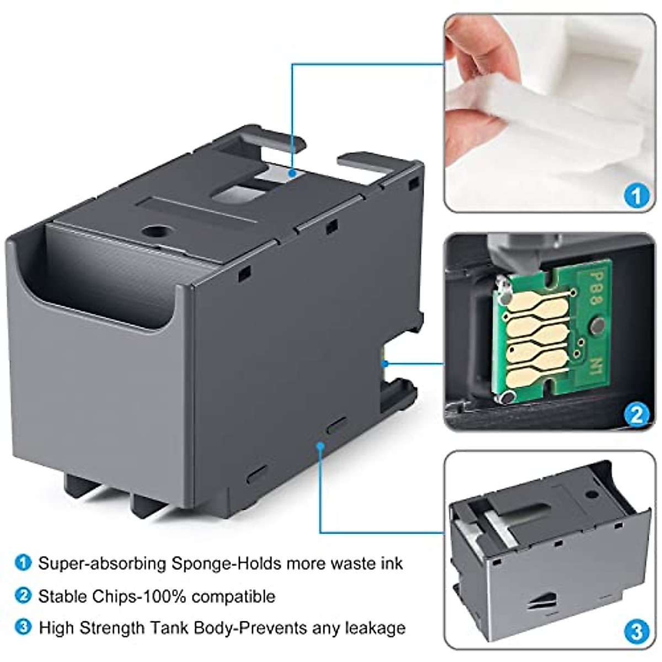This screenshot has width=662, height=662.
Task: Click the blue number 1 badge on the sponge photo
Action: tap(636, 195)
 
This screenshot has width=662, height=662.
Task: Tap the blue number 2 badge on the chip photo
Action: tap(636, 413)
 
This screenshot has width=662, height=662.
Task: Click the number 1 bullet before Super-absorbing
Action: tap(23, 563)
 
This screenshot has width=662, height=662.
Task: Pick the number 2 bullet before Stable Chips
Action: tap(23, 596)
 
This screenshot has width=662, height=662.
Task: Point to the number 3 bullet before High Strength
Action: tap(23, 628)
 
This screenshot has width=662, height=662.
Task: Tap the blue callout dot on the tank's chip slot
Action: tap(386, 363)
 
